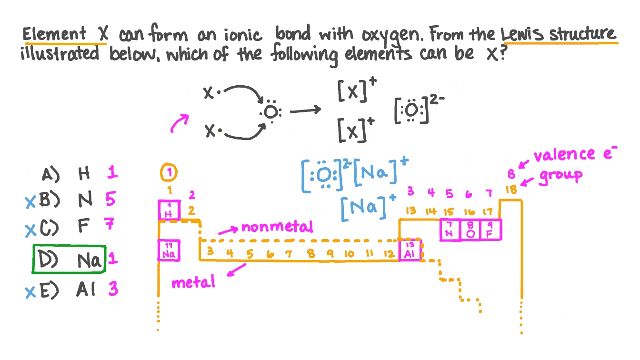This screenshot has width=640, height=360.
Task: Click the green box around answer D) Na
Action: tap(69, 260)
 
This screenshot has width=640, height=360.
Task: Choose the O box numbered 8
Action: tap(470, 230)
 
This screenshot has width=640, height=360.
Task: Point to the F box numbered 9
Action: tap(490, 230)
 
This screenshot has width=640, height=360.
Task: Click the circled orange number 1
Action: tap(169, 173)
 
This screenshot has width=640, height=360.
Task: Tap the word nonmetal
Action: tap(277, 227)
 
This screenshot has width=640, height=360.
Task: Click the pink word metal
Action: tap(193, 283)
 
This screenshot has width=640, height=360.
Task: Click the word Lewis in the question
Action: tap(522, 35)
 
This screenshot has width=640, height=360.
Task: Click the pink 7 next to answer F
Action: tap(110, 224)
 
